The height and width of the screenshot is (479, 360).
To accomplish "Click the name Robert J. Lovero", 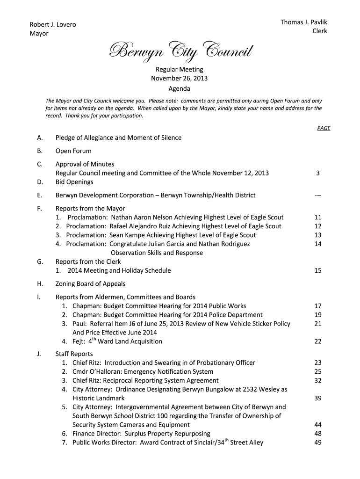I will tap(53, 24).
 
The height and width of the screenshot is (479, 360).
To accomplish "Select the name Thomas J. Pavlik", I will tap(303, 22).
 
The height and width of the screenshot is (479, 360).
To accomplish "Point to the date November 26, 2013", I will tap(179, 78).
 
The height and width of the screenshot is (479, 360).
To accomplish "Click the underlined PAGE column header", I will tap(324, 128).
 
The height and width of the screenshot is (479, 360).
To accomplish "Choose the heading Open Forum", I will tap(73, 151).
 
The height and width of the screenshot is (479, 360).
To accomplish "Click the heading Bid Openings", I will tap(74, 182).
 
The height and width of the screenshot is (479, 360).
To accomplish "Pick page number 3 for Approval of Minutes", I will tap(318, 173).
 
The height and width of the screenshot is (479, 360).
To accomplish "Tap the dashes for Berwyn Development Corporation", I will tap(318, 196).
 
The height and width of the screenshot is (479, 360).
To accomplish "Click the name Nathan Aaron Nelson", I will tap(141, 218).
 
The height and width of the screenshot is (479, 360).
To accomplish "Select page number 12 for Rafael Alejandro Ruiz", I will tap(318, 226).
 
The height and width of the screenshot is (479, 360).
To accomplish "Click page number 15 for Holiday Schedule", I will tap(318, 271).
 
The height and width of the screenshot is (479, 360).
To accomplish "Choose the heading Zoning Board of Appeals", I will tap(90, 284).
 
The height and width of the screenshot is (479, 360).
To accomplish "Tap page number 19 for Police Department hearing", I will tap(318, 315).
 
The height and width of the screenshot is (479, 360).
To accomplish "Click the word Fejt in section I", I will tap(79, 341).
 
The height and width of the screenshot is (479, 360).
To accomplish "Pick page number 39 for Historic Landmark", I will tap(318, 399).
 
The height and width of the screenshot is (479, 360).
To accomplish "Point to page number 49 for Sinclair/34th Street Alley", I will tap(318, 443).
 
